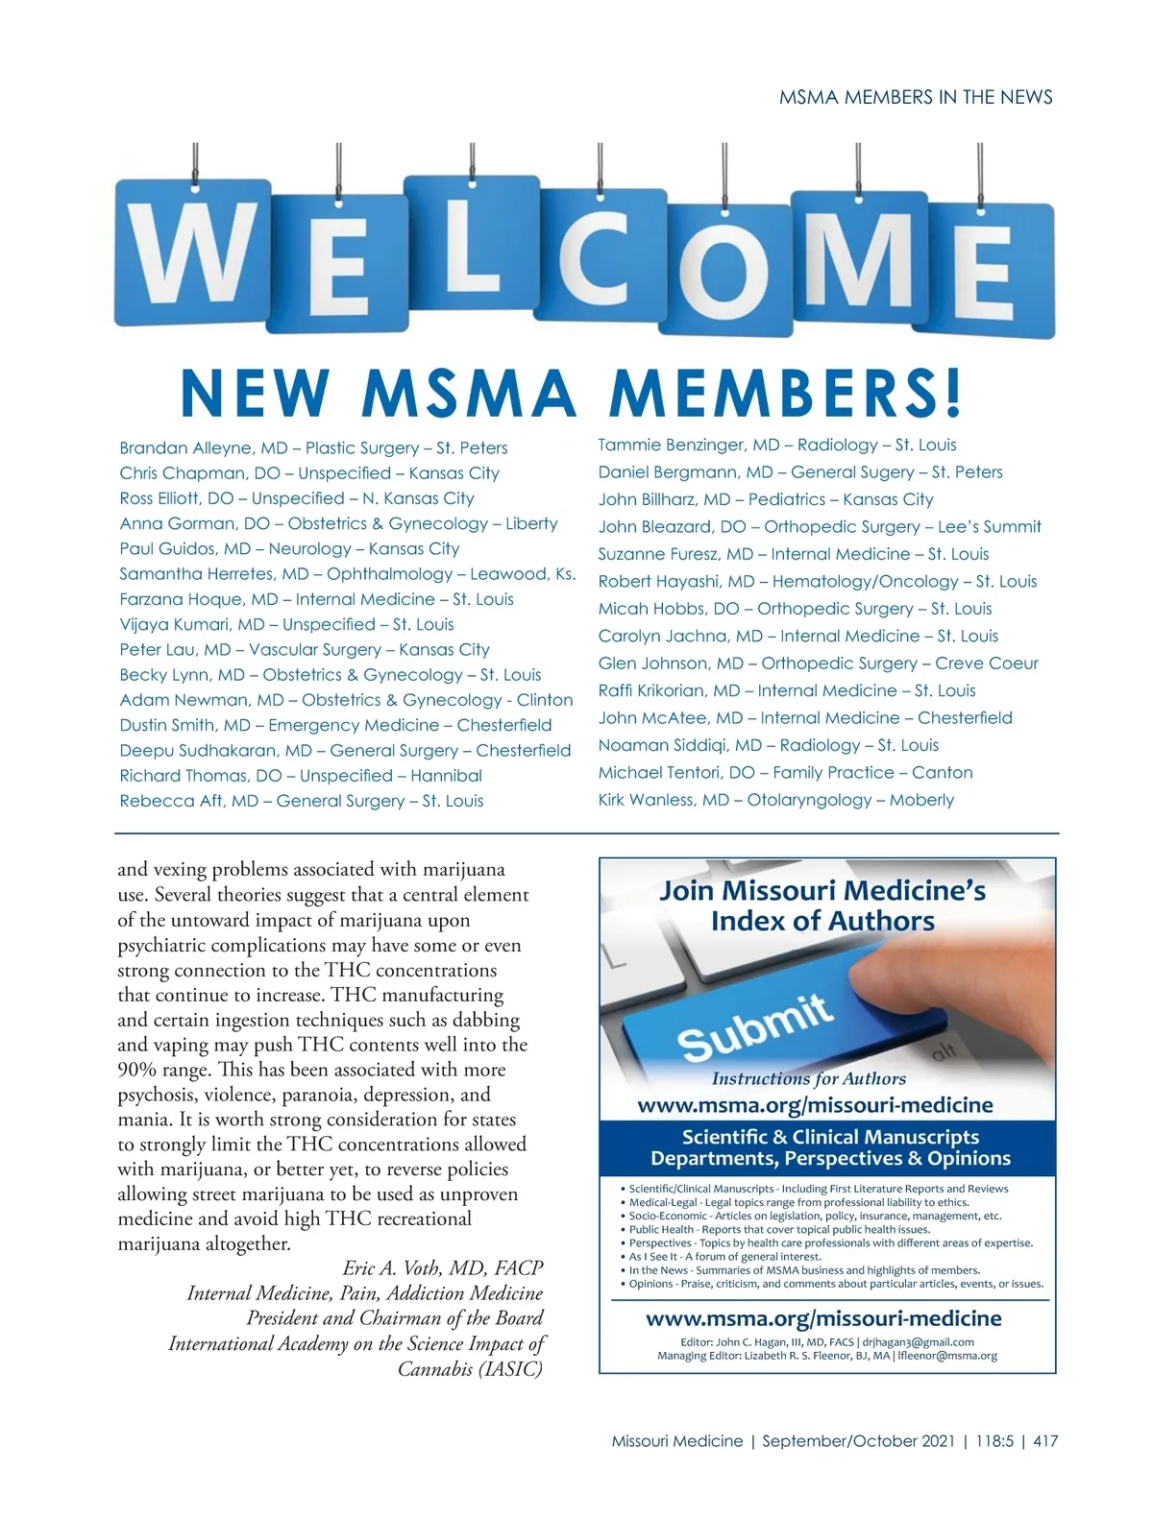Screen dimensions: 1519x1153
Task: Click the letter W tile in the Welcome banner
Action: [x=191, y=252]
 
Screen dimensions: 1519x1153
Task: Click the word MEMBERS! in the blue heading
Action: [x=785, y=394]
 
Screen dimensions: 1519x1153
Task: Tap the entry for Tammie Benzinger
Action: [x=673, y=445]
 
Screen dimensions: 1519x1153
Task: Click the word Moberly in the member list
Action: [x=921, y=800]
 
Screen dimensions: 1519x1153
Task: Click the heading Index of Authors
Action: [x=822, y=922]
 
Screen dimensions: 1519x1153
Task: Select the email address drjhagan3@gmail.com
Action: [x=918, y=1342]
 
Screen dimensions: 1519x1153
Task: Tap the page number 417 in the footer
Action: [x=1045, y=1441]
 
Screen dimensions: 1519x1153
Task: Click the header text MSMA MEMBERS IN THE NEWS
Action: [x=916, y=97]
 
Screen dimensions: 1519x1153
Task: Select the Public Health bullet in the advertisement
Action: [x=779, y=1229]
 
